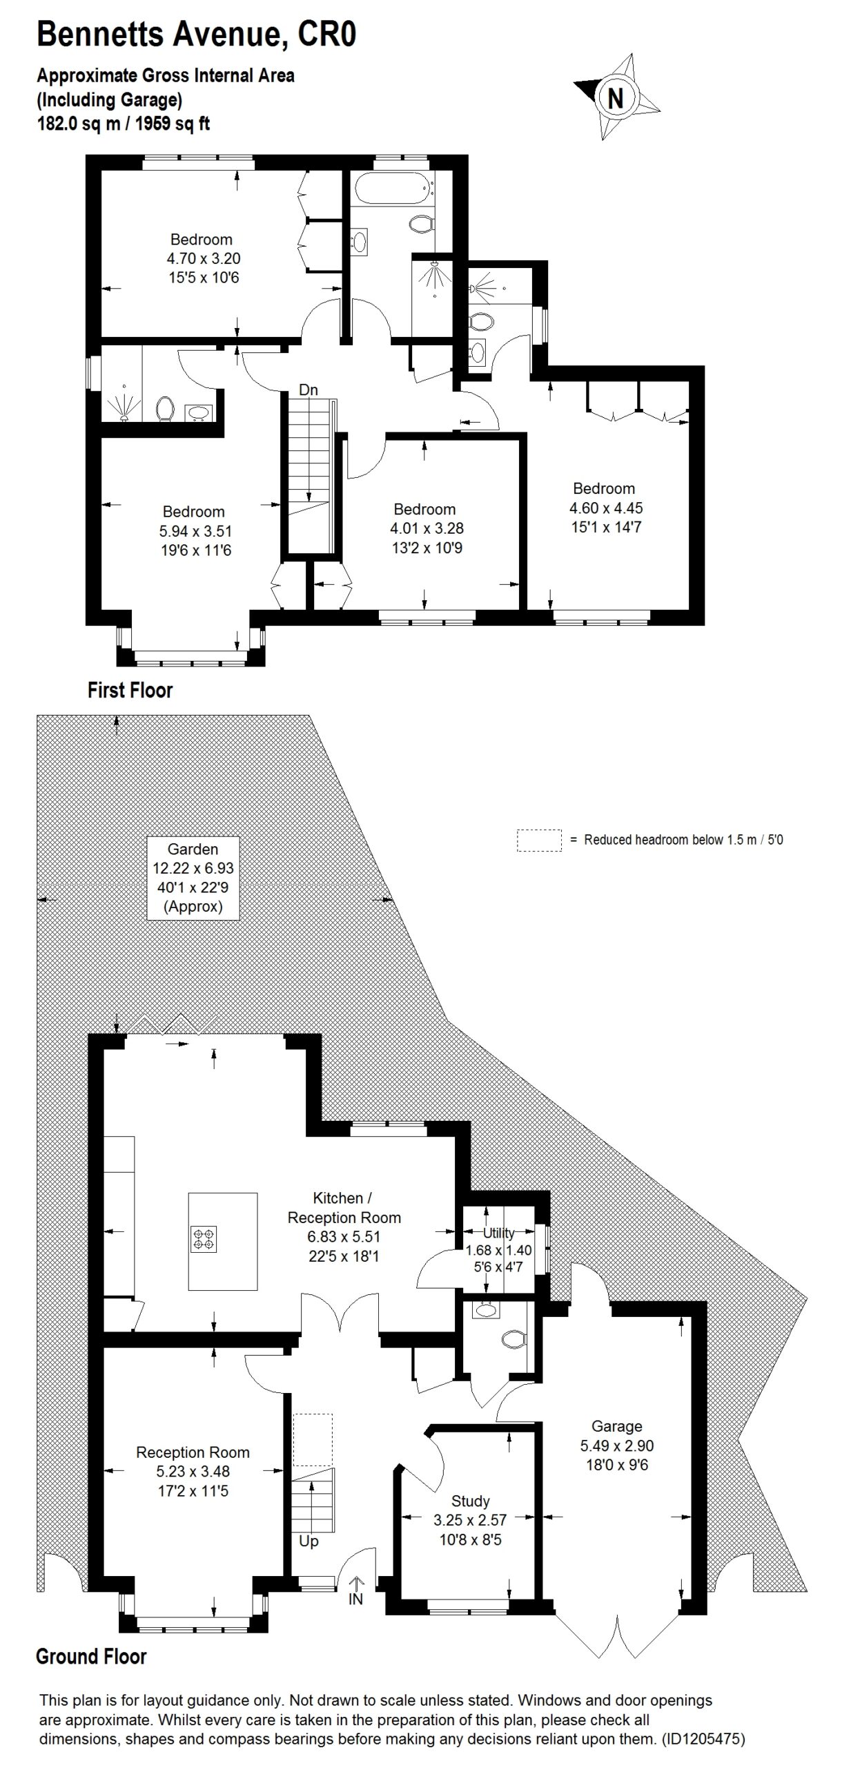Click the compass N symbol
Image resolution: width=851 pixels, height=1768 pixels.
click(x=614, y=97)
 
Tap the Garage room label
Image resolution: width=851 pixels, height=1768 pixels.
click(x=616, y=1426)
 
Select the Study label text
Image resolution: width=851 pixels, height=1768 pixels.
click(x=470, y=1501)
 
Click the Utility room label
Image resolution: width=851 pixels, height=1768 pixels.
click(x=498, y=1233)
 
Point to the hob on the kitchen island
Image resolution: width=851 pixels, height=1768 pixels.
click(x=204, y=1238)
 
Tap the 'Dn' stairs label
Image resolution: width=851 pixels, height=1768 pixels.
click(x=309, y=390)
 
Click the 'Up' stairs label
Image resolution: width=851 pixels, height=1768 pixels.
click(x=309, y=1541)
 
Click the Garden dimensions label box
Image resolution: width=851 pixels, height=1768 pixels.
click(x=193, y=878)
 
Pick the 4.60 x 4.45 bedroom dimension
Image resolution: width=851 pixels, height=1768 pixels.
click(x=605, y=508)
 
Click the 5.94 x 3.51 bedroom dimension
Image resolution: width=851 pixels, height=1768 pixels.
click(x=195, y=531)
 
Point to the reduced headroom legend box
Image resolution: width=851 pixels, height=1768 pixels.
click(x=538, y=840)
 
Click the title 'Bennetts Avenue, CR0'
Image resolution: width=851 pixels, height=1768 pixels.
click(x=196, y=35)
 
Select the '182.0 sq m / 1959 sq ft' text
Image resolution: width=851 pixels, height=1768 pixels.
click(x=123, y=124)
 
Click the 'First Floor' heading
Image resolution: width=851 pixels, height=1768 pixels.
click(x=130, y=690)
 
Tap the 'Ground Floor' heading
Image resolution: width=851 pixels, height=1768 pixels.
click(x=91, y=1657)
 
